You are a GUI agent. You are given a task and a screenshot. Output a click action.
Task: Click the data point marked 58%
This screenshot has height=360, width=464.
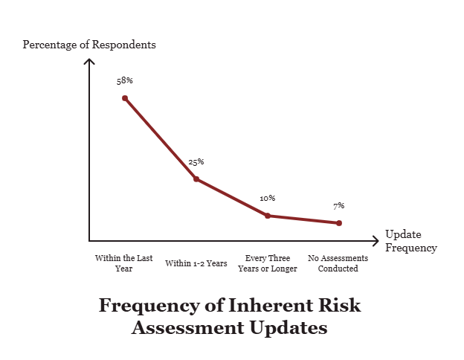pos(124,97)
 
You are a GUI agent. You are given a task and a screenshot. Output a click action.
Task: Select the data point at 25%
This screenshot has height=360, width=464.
pos(196,179)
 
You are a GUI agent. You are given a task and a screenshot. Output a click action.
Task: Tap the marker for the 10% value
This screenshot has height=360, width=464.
pos(268,216)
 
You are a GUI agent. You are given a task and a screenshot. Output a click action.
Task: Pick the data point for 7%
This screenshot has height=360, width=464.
pos(339,223)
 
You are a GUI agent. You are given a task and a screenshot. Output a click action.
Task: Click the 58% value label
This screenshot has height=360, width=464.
pos(124,80)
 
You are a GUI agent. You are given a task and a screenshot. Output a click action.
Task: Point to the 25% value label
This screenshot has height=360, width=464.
pos(196,161)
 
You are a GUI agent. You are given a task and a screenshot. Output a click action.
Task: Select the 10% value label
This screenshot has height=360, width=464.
pos(268,198)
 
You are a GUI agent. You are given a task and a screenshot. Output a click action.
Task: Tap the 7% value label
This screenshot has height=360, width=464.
pos(339,206)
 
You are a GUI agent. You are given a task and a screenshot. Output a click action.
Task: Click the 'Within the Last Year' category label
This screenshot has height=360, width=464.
pos(124,263)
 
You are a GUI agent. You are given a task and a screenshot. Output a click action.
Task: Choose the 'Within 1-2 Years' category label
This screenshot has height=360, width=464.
pos(196,263)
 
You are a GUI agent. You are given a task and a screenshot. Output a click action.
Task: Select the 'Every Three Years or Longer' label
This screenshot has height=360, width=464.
pos(268,263)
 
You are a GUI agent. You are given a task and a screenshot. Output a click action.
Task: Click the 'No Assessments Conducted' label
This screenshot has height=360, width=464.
pos(338,263)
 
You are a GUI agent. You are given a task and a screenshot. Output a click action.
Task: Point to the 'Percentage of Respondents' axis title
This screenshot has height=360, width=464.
pos(89,44)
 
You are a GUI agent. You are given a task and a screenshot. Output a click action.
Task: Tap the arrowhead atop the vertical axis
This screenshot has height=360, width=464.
pos(89,60)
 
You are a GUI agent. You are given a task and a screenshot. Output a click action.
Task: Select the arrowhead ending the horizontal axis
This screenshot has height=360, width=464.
pos(375,241)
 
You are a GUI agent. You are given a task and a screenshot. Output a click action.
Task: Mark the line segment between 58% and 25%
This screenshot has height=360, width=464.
pos(160,138)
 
